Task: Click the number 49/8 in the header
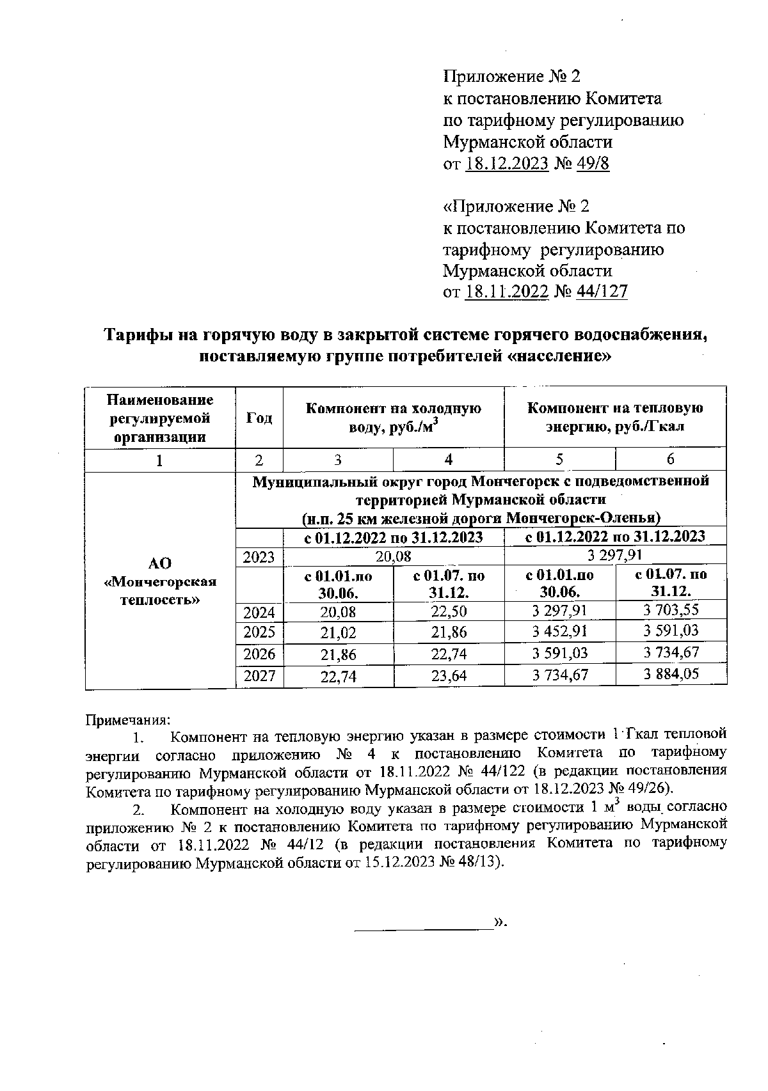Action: pos(593,163)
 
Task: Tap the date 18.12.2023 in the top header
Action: pos(507,163)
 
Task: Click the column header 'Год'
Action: pos(259,418)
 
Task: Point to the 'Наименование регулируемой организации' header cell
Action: pos(160,418)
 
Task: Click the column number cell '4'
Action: pos(449,459)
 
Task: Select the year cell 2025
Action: pos(259,632)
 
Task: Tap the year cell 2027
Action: pos(259,676)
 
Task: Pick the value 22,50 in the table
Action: pos(449,612)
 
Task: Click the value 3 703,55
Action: pos(671,611)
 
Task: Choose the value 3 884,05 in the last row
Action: pos(671,673)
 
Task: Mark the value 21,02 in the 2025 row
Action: pos(338,633)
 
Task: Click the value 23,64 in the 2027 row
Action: pos(449,676)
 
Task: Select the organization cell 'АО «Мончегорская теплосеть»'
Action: pos(160,581)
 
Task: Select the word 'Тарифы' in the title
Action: pos(134,335)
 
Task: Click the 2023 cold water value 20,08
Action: pos(393,556)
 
